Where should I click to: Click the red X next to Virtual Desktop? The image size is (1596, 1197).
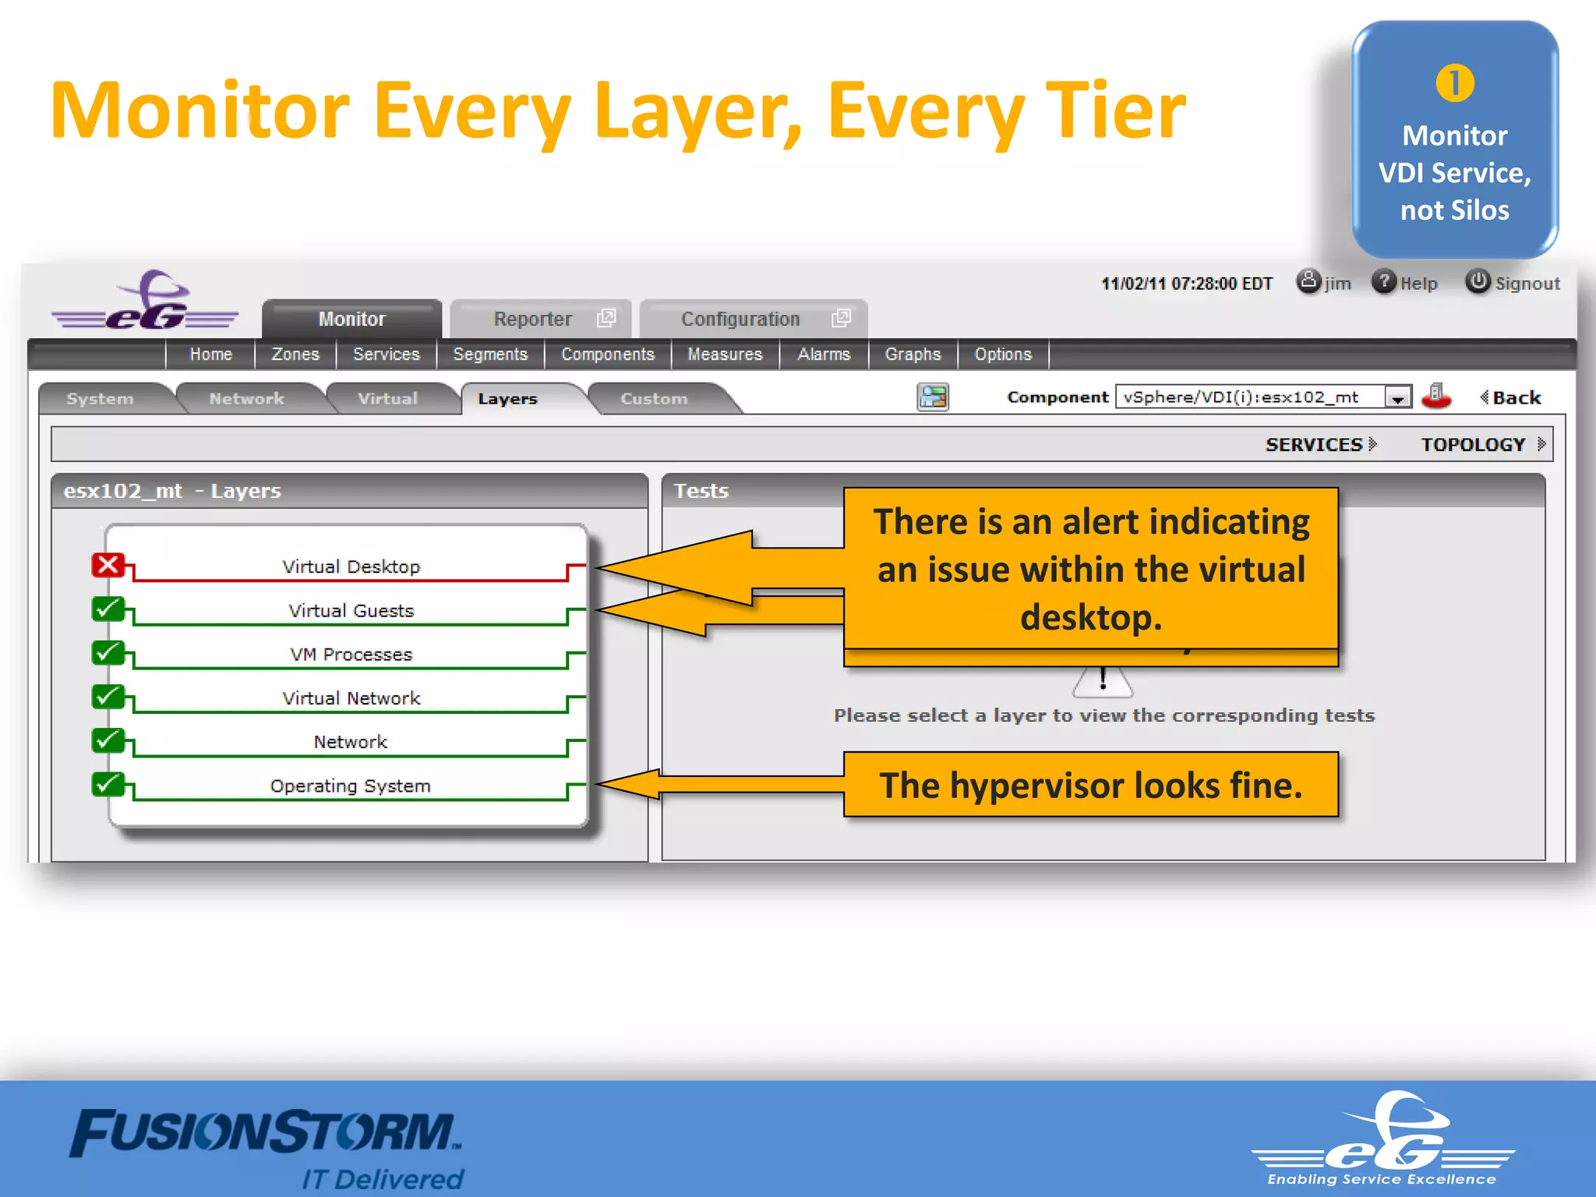[x=108, y=565]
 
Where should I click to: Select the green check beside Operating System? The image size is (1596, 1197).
[x=108, y=784]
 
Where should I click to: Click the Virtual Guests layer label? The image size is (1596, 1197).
[x=351, y=610]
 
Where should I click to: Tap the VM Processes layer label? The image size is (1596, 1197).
[x=351, y=654]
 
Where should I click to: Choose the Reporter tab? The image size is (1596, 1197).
[x=533, y=319]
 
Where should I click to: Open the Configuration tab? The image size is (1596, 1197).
[x=740, y=319]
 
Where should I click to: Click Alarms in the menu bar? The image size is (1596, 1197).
[x=823, y=355]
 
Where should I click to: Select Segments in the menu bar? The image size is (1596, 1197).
[x=490, y=355]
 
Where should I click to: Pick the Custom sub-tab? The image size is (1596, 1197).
[x=654, y=398]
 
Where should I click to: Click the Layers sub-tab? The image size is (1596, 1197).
[x=507, y=398]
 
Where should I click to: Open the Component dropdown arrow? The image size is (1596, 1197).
[x=1398, y=398]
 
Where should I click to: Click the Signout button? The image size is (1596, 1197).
[x=1513, y=283]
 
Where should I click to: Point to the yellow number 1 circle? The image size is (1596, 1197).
[x=1454, y=83]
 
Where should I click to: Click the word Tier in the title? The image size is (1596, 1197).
[x=1114, y=111]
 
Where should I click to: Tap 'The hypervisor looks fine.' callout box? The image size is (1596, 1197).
[x=1090, y=785]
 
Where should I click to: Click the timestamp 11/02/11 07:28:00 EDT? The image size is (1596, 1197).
[x=1186, y=284]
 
